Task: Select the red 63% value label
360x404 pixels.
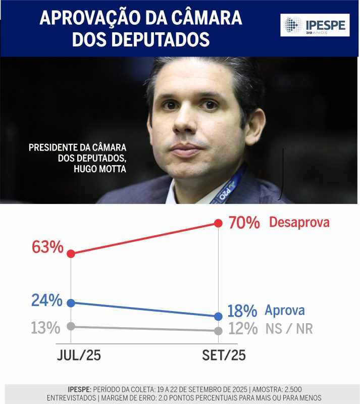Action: [47, 247]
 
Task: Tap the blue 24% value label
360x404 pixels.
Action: [46, 300]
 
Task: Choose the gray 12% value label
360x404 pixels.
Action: [243, 329]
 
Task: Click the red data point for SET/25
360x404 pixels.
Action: [218, 223]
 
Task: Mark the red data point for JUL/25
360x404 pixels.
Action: [71, 254]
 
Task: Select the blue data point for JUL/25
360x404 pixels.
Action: [71, 303]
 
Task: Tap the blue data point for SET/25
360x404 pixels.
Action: [218, 317]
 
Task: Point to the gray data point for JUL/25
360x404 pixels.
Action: [71, 326]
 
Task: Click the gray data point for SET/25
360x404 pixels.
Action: [218, 331]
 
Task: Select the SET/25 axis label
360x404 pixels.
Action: [223, 356]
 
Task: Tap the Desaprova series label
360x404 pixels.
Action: [299, 222]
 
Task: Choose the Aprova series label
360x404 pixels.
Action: [285, 311]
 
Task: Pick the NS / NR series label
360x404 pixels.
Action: [289, 329]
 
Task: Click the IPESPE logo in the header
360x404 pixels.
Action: [315, 25]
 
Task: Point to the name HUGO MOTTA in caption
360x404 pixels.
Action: [98, 169]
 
